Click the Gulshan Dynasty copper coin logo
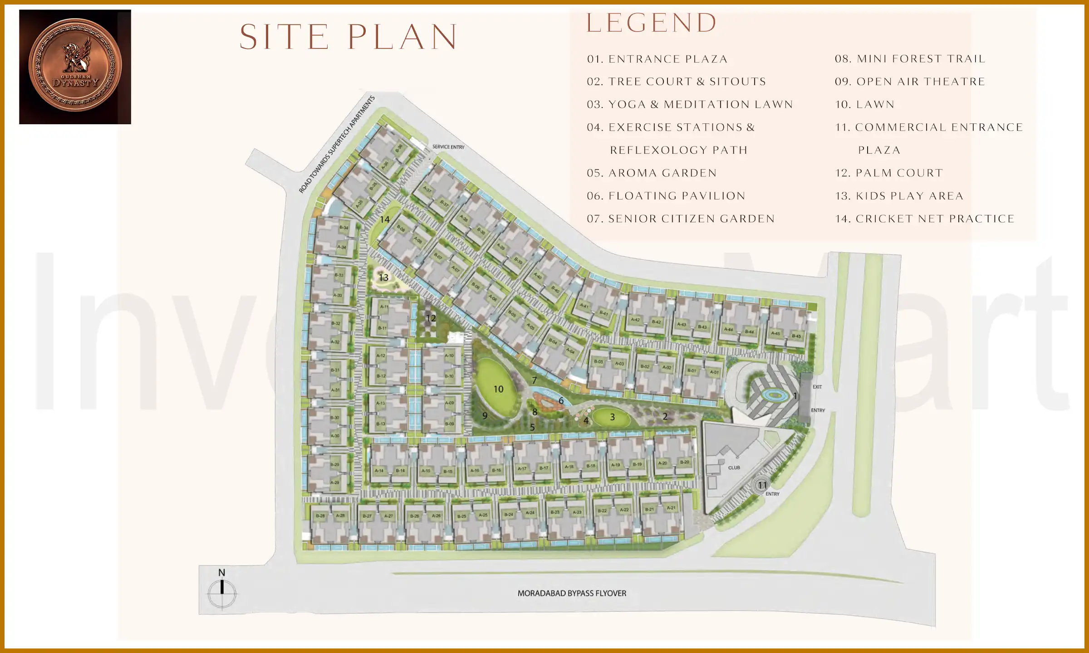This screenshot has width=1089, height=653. (75, 66)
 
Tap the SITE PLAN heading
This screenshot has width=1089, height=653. (348, 37)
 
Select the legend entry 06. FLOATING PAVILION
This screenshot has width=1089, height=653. (666, 196)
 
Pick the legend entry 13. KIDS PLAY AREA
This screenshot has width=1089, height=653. (899, 196)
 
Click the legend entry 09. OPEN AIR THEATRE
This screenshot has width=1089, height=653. (910, 82)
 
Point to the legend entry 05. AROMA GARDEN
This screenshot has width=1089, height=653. (652, 173)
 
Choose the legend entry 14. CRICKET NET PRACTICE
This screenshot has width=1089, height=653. (924, 219)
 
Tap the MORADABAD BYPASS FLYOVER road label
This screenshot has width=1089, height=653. (572, 593)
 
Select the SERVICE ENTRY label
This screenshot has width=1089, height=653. (448, 147)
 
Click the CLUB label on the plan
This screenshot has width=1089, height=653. (734, 468)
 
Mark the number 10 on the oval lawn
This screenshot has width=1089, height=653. (498, 389)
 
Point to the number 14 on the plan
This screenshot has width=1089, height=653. (385, 219)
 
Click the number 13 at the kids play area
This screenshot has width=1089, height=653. (383, 278)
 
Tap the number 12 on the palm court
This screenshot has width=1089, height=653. (431, 318)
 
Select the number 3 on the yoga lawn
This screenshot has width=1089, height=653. (612, 417)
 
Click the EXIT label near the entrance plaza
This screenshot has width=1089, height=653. (817, 387)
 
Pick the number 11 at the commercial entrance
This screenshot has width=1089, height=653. (762, 485)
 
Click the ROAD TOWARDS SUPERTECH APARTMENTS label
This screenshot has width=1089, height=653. (337, 144)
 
